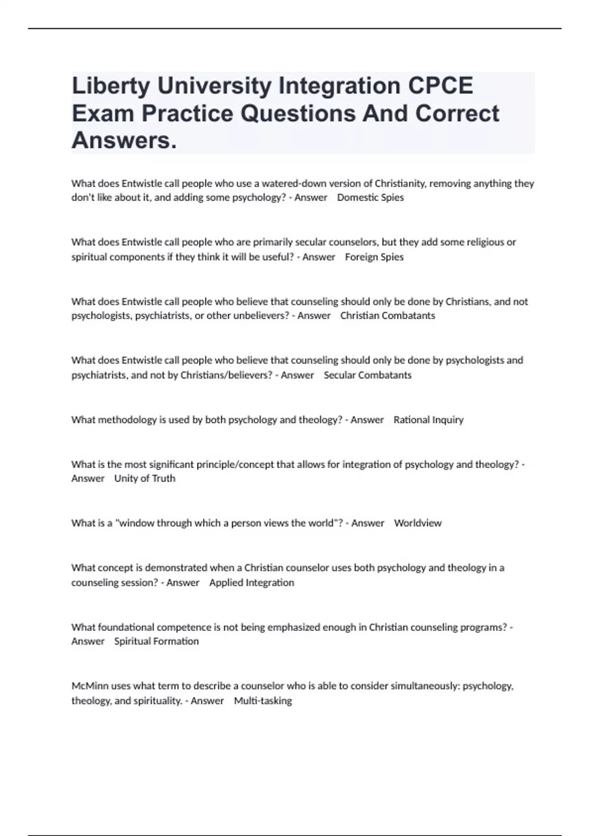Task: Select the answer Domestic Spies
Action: click(370, 198)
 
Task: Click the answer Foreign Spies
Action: click(374, 257)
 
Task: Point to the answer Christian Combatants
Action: click(387, 316)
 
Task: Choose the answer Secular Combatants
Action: click(367, 375)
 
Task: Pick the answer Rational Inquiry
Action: click(428, 420)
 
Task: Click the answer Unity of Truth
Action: click(145, 478)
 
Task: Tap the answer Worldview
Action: click(417, 523)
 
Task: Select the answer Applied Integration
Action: click(251, 583)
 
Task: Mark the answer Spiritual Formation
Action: click(156, 641)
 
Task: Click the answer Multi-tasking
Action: click(263, 701)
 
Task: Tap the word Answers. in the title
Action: click(124, 141)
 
